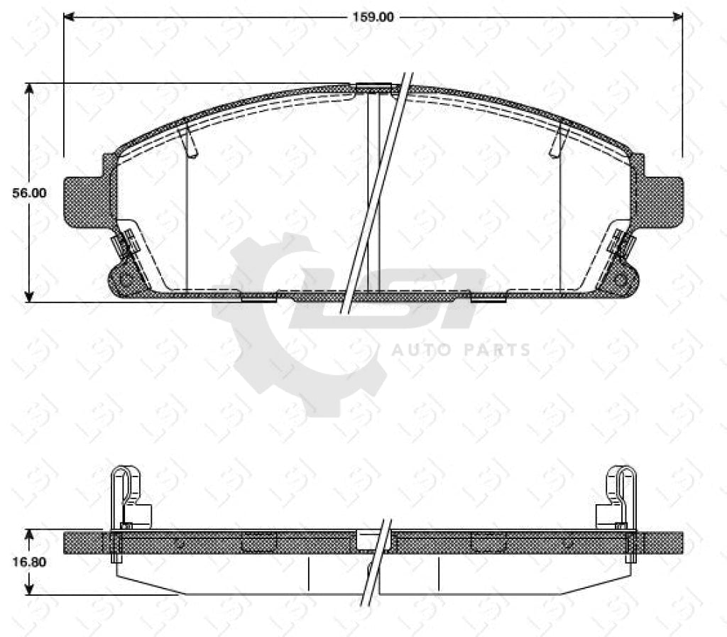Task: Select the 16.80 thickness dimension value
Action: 31,562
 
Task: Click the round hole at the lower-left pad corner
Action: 126,279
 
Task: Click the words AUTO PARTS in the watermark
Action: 461,349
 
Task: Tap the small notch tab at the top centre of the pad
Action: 373,87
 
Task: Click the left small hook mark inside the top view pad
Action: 188,140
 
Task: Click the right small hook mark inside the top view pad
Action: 558,140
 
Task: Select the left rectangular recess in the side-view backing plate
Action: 259,542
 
